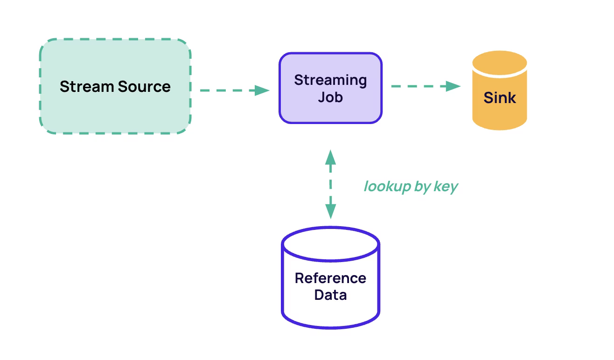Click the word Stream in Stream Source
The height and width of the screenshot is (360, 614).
tap(87, 87)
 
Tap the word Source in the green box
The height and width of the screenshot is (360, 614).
tap(145, 87)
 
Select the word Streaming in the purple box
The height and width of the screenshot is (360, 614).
tap(330, 81)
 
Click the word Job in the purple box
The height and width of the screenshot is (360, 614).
tap(330, 97)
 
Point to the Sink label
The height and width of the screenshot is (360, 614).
tap(500, 97)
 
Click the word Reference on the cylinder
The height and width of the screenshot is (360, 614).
tap(330, 278)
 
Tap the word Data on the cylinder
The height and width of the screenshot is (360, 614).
tap(330, 295)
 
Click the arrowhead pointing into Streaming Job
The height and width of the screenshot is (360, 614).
tap(262, 90)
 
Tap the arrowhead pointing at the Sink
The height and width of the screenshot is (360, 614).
tap(453, 86)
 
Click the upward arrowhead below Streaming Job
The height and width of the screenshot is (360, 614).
tap(331, 157)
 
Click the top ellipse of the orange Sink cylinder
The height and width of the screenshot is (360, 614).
tap(500, 62)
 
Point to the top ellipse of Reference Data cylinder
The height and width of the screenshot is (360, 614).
tap(331, 228)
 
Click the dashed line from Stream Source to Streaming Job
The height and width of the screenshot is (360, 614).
tap(228, 90)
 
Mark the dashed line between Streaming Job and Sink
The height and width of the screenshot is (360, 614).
tap(419, 86)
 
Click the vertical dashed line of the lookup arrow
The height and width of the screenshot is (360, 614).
tap(331, 184)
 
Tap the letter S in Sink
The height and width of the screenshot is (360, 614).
tap(488, 97)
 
